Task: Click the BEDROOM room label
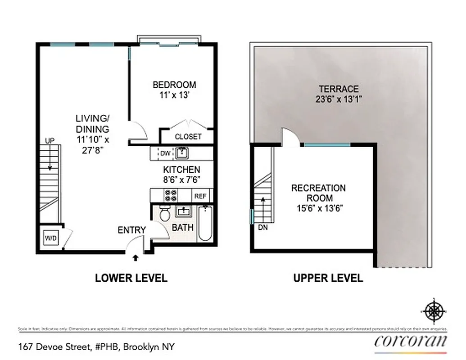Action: [174, 85]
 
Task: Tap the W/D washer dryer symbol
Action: [50, 238]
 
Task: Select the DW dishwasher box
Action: [165, 153]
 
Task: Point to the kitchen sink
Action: [182, 153]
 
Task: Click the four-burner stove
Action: [171, 195]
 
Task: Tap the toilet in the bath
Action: [164, 212]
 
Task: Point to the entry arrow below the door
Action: [136, 258]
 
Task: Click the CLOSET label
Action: [188, 136]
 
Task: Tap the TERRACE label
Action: [339, 89]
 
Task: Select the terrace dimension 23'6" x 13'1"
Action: [339, 99]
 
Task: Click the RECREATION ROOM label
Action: [318, 193]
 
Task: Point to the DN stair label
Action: [263, 228]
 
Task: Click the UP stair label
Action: [49, 141]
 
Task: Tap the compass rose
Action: [434, 310]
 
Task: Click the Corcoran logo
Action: [411, 341]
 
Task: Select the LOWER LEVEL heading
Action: [131, 278]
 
